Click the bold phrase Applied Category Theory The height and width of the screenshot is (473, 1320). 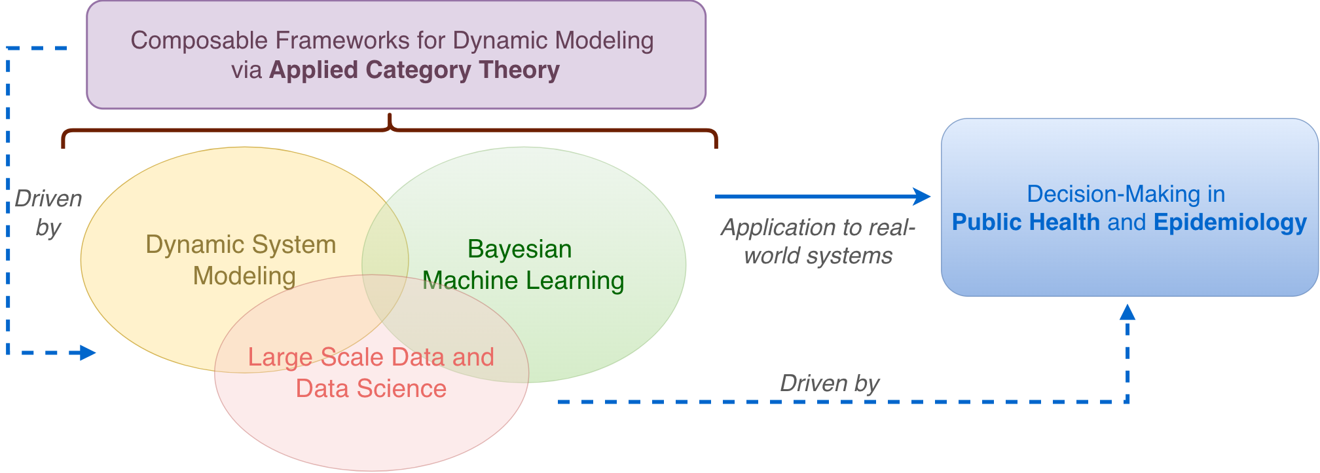click(414, 70)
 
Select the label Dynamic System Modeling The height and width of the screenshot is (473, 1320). click(241, 260)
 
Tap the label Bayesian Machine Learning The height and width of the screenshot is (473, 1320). click(522, 265)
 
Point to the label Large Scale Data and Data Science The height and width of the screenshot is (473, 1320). click(371, 373)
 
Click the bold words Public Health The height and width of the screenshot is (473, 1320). click(1025, 222)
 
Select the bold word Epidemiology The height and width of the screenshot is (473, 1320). click(1230, 222)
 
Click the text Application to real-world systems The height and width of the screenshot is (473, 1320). click(818, 241)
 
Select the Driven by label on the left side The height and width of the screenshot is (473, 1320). click(48, 213)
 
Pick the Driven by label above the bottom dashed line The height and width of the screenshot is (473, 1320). click(830, 383)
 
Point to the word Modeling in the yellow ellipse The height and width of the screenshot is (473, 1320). click(244, 276)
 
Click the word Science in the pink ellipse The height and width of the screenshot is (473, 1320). click(404, 388)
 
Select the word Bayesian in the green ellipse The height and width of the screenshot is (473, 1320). click(519, 249)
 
